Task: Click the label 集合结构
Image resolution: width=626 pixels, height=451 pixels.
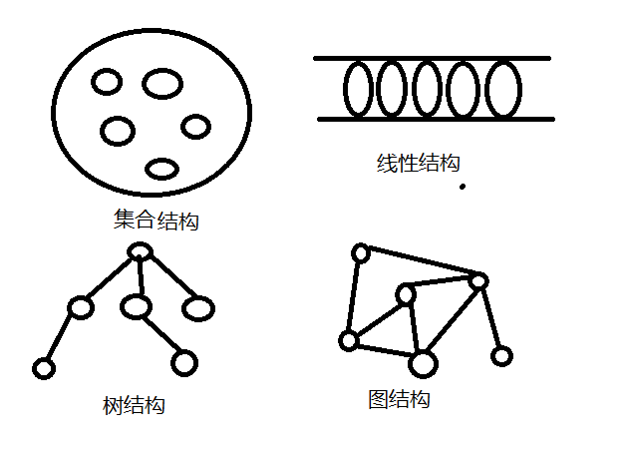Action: tap(157, 220)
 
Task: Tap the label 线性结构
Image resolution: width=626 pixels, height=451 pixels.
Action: tap(419, 163)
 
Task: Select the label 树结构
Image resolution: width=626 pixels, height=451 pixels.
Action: tap(134, 406)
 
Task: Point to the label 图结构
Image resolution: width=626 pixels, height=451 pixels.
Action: tap(399, 400)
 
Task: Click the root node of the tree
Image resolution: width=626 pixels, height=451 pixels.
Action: tap(141, 252)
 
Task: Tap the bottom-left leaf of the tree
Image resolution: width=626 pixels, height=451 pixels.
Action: tap(43, 369)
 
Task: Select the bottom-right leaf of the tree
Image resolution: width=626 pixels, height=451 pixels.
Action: tap(183, 362)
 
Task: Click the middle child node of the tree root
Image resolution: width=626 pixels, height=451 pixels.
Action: tap(137, 306)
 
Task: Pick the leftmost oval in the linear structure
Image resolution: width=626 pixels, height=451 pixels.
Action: tap(360, 89)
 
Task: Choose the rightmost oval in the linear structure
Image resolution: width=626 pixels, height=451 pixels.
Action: tap(503, 89)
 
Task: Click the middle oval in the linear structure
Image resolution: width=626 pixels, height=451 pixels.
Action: tap(428, 89)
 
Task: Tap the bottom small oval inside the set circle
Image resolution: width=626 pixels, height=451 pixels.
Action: tap(161, 169)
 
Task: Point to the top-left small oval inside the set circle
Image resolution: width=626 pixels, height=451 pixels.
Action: tap(107, 82)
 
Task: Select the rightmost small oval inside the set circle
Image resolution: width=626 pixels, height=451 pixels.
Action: tap(196, 127)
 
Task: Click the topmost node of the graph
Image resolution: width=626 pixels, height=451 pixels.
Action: tap(361, 253)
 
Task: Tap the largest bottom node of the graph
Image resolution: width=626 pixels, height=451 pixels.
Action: tap(424, 364)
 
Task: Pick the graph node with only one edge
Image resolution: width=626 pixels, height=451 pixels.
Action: tap(502, 355)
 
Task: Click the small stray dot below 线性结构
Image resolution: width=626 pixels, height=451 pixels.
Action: tap(463, 186)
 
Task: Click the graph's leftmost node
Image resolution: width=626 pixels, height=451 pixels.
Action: tap(348, 341)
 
